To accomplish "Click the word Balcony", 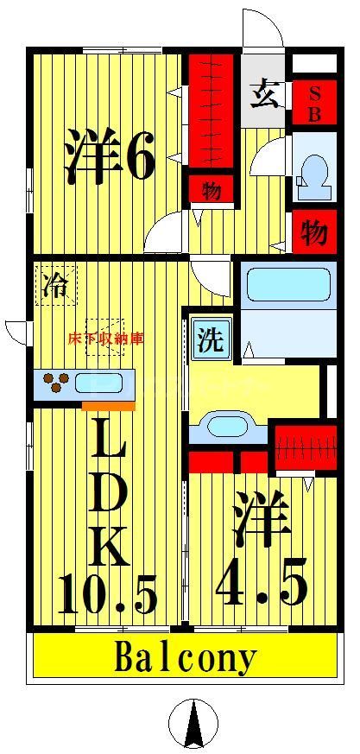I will pyautogui.click(x=186, y=659).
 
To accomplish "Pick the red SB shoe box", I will pyautogui.click(x=314, y=104).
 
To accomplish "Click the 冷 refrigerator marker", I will pyautogui.click(x=56, y=285).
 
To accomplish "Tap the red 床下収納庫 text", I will pyautogui.click(x=105, y=339).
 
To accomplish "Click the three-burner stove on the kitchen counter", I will pyautogui.click(x=55, y=383).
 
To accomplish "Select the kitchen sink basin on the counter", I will pyautogui.click(x=103, y=383).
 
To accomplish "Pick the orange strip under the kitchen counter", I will pyautogui.click(x=109, y=405).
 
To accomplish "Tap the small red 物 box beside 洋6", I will pyautogui.click(x=210, y=189).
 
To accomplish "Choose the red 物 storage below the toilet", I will pyautogui.click(x=314, y=231).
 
